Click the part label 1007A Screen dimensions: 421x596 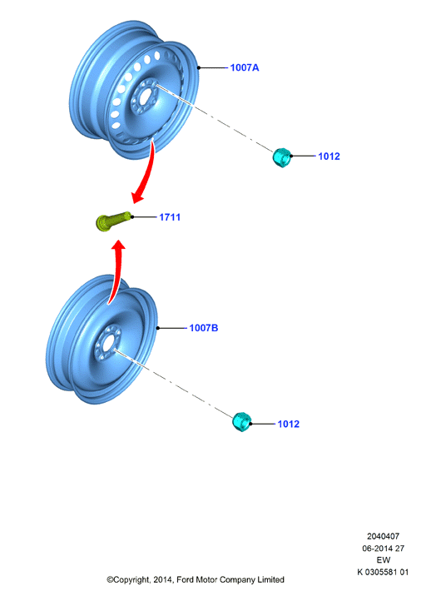[x=245, y=67]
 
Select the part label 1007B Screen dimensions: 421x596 [x=204, y=328]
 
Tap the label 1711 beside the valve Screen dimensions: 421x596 [x=170, y=217]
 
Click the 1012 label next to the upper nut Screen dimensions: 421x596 [x=329, y=156]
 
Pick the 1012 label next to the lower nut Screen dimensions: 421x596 [x=289, y=424]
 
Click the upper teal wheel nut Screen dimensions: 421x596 [x=282, y=157]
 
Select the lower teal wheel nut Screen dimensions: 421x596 [x=241, y=422]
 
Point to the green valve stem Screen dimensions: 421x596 [x=113, y=221]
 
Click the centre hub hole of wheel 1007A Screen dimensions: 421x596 [x=145, y=97]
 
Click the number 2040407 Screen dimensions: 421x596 [x=383, y=536]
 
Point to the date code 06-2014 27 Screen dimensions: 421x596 [x=383, y=549]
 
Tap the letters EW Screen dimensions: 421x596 [x=384, y=560]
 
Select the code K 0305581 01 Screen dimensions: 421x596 [x=383, y=572]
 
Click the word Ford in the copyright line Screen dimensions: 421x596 [x=185, y=579]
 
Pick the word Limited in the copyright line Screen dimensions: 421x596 [x=270, y=579]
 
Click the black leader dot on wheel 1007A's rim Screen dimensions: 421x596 [x=198, y=67]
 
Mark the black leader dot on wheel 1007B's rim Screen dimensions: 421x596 [x=158, y=328]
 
